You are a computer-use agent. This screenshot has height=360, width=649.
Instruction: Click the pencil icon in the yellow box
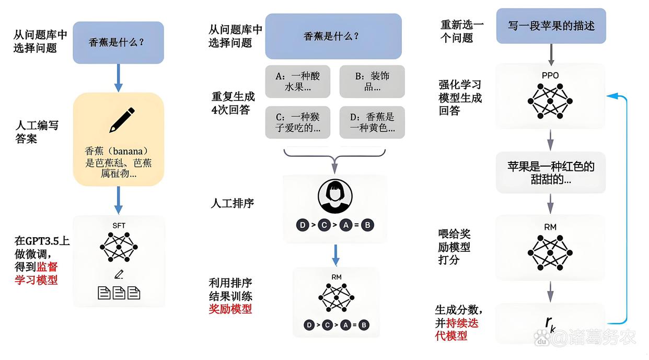[x=122, y=120]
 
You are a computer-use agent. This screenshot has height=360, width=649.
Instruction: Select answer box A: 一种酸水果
[x=298, y=82]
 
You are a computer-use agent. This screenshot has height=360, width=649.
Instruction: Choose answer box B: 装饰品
[x=372, y=82]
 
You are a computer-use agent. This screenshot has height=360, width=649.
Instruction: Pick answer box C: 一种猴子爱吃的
[x=298, y=122]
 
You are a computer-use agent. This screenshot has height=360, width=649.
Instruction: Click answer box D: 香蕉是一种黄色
[x=372, y=122]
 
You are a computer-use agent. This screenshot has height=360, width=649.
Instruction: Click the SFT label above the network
[x=119, y=225]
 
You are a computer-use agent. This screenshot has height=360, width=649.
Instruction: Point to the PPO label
[x=550, y=75]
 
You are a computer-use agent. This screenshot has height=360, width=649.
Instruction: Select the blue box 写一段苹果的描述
[x=551, y=26]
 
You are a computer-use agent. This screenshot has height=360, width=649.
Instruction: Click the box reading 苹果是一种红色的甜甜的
[x=551, y=172]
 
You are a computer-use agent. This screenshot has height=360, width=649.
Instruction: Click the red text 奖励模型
[x=230, y=309]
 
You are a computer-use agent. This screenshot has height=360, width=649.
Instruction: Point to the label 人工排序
[x=233, y=203]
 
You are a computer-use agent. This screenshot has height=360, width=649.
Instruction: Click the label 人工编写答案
[x=36, y=132]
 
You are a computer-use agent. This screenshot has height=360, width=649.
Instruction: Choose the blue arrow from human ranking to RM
[x=335, y=254]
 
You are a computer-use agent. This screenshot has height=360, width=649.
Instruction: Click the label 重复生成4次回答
[x=233, y=103]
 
